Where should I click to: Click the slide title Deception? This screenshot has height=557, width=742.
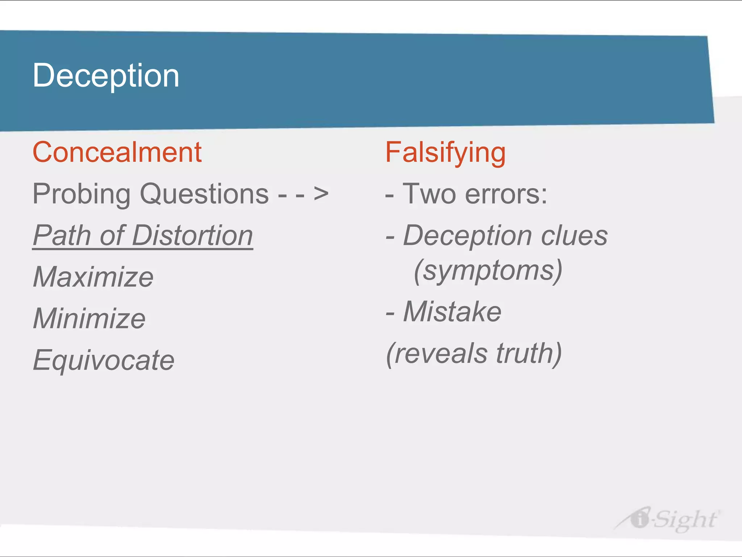(106, 75)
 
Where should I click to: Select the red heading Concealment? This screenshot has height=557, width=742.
(117, 152)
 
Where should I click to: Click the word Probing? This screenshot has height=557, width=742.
(82, 194)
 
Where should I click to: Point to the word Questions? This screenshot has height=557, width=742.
(204, 194)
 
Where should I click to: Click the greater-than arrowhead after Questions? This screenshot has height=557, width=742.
(321, 194)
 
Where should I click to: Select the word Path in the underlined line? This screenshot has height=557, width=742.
(62, 236)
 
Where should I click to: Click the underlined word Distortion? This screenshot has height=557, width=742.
(192, 236)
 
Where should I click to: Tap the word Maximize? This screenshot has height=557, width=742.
(93, 277)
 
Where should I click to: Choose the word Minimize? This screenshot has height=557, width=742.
(89, 318)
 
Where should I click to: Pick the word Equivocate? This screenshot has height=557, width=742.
(104, 360)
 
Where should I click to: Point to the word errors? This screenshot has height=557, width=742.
(506, 194)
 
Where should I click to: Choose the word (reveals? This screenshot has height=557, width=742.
(437, 354)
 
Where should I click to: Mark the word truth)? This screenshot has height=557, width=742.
(529, 354)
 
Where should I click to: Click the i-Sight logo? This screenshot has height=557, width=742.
(667, 519)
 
